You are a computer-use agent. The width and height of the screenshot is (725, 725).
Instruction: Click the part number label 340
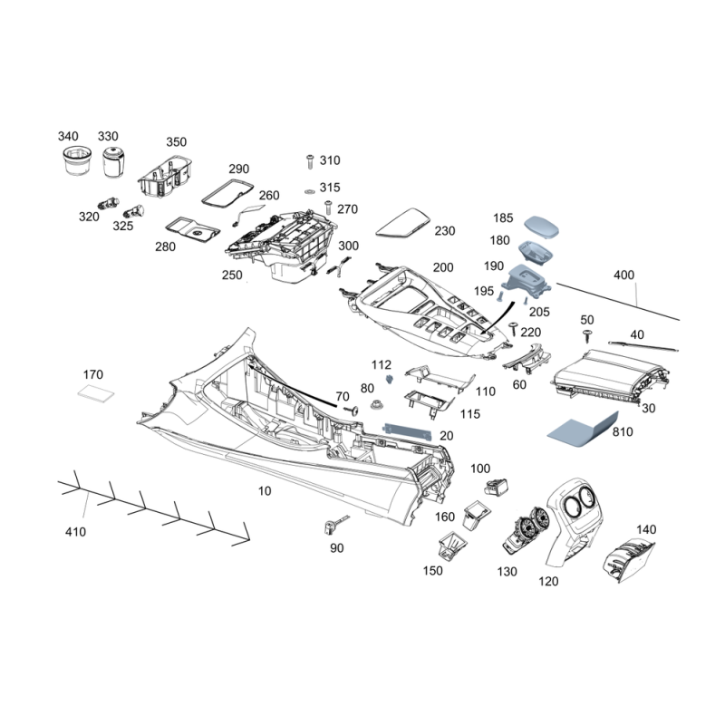68,136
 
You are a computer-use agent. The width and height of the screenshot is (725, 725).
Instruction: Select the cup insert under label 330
113,162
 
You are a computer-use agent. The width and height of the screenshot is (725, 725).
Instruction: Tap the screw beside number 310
310,162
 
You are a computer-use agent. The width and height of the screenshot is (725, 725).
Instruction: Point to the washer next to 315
308,191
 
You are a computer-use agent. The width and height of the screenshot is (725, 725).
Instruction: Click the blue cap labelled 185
541,227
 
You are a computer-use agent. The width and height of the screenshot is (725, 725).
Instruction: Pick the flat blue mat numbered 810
583,430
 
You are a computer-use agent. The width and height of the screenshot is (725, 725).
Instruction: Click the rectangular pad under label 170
96,393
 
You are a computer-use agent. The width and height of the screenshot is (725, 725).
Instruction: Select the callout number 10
265,490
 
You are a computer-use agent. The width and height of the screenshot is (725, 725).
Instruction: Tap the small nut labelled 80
378,405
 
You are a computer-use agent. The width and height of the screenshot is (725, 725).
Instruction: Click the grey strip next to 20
407,431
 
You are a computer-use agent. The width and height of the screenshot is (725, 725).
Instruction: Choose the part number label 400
623,275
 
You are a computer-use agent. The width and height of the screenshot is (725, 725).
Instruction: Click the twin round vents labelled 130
525,530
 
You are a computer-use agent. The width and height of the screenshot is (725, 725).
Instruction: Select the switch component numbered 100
496,487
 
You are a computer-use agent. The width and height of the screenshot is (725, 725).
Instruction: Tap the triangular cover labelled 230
402,223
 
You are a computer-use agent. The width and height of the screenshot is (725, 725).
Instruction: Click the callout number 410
75,532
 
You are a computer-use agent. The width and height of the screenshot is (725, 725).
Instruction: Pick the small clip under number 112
391,380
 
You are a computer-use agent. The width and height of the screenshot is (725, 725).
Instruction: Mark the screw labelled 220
513,329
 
